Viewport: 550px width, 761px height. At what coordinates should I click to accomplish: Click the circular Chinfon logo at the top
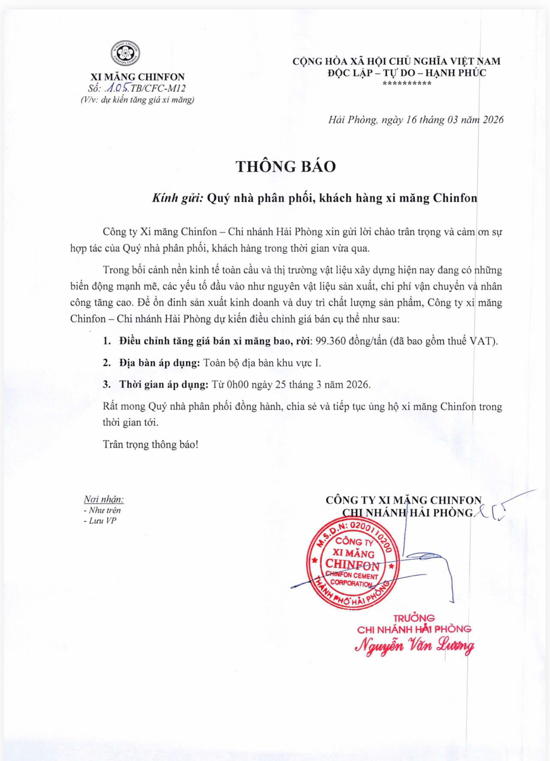click(126, 54)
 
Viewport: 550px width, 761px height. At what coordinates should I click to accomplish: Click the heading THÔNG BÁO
click(286, 167)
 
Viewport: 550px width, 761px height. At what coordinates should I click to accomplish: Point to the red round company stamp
click(353, 563)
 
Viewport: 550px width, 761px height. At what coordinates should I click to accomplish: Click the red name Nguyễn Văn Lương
click(414, 645)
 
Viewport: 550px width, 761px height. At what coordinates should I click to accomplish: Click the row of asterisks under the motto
click(407, 84)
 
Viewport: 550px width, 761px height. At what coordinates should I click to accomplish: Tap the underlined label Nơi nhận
click(104, 499)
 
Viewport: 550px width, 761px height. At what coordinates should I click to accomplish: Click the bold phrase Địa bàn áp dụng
click(160, 363)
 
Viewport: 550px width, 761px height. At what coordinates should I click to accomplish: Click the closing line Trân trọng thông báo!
click(150, 445)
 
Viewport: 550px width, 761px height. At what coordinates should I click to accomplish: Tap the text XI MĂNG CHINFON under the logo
click(137, 77)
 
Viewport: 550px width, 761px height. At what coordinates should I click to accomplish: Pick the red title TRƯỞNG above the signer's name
click(414, 618)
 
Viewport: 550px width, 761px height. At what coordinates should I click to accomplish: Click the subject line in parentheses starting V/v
click(137, 100)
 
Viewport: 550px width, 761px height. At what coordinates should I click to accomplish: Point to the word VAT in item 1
click(482, 341)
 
